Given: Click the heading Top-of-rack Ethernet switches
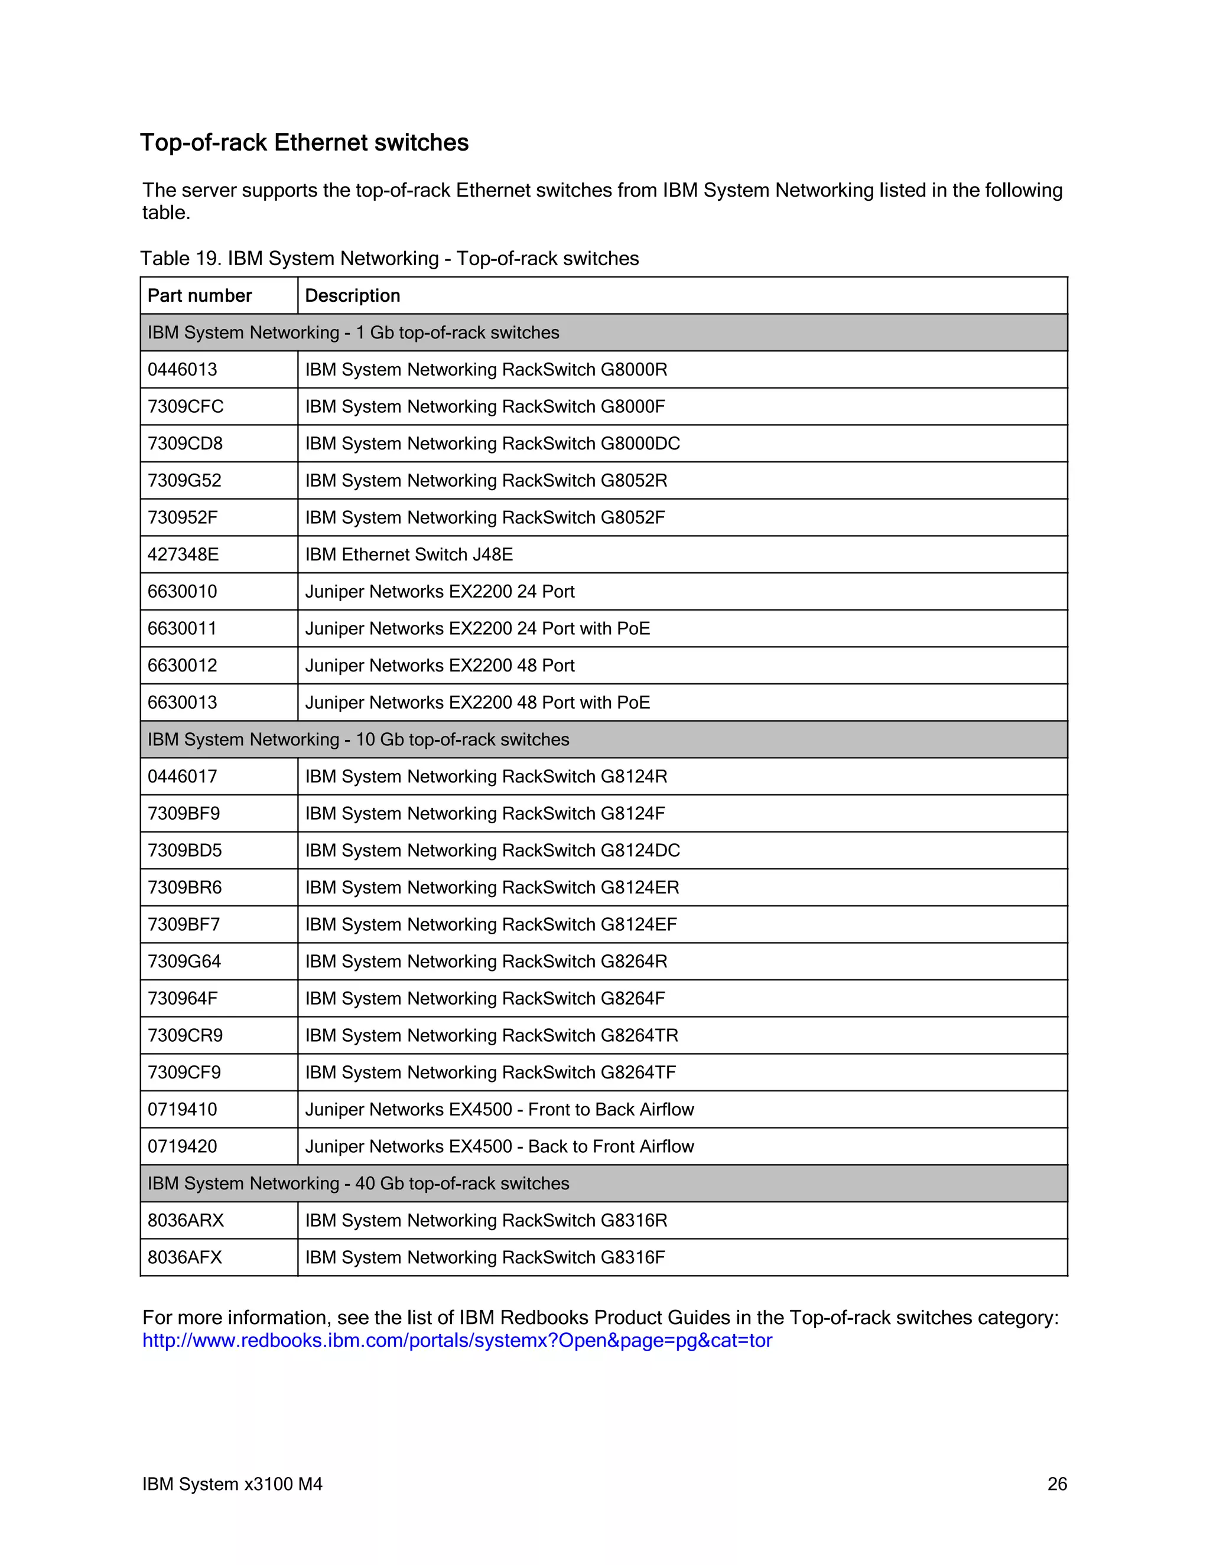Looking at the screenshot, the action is pos(304,142).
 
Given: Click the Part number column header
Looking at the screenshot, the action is pos(199,295).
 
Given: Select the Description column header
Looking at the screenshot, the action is pos(352,295).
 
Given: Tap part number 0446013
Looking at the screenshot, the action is pos(182,370).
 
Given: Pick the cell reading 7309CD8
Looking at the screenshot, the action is pos(185,444).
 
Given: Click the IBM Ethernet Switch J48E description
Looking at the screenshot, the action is pos(409,555).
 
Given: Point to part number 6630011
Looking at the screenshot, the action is pos(182,628).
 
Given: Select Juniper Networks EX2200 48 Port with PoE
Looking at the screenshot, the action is pos(477,702).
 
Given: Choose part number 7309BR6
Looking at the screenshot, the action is pos(185,887).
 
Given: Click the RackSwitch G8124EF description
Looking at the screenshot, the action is pos(491,924).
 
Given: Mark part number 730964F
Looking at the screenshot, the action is pos(183,998).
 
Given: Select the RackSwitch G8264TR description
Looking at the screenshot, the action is pos(492,1035).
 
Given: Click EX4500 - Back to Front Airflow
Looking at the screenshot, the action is pos(500,1146).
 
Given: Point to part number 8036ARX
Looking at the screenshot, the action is pos(186,1220).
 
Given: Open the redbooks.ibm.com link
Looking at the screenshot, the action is pos(457,1340).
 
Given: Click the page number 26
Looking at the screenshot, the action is pos(1056,1484).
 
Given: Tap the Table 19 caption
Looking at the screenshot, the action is pos(389,259).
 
